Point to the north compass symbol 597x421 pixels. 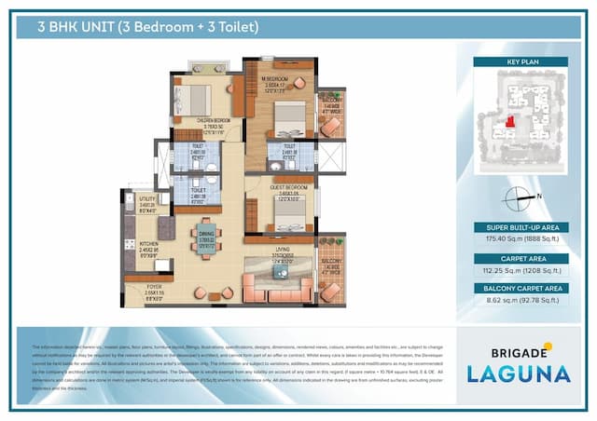[519, 197]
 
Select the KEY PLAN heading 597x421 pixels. [521, 61]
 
